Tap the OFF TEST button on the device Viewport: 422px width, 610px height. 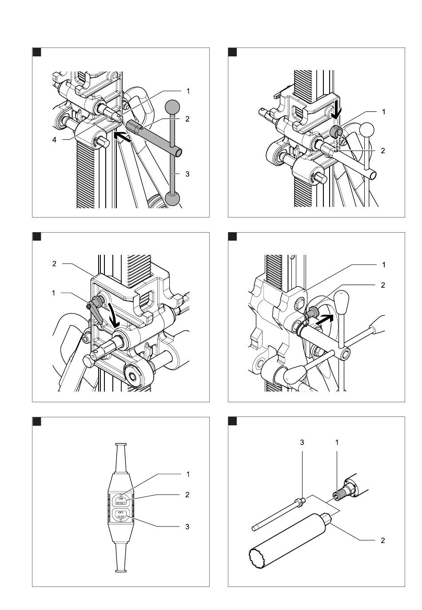pos(121,515)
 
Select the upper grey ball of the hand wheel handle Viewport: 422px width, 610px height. pos(172,107)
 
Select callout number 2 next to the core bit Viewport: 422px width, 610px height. pos(382,540)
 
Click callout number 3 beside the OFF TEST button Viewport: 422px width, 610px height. pos(187,527)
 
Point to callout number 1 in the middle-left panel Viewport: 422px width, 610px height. pos(54,293)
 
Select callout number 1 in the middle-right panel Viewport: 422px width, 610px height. pos(384,265)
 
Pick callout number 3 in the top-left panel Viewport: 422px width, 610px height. pos(187,174)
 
